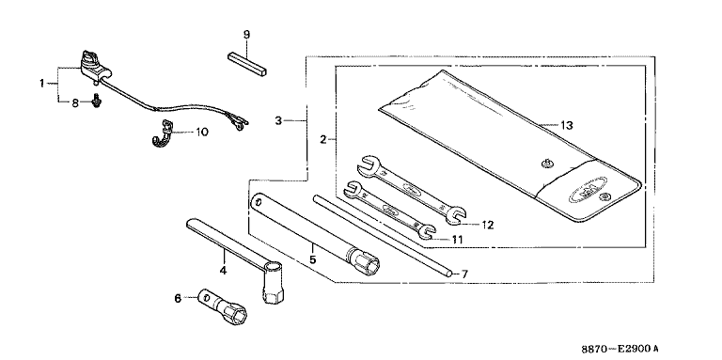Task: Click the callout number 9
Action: point(246,35)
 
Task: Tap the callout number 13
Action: point(566,125)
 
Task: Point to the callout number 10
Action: point(202,133)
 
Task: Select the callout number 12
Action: point(487,225)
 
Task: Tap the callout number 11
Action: point(456,240)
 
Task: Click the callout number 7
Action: point(464,274)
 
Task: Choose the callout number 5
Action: point(313,259)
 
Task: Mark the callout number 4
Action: point(223,270)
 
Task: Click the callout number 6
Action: point(179,298)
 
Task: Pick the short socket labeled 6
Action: point(224,305)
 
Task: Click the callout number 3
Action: point(277,120)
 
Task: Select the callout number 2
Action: point(322,139)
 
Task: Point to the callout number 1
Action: point(41,84)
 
